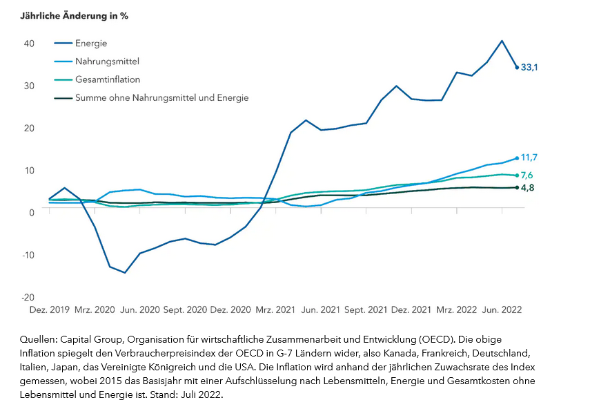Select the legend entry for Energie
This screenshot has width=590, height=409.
(91, 44)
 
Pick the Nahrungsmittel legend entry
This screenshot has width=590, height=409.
(107, 61)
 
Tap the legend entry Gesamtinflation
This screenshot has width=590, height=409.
(107, 79)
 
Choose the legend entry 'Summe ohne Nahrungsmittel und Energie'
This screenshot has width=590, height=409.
(161, 98)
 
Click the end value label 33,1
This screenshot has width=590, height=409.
(530, 68)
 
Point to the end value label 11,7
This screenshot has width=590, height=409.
(529, 158)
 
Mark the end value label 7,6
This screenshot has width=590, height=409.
(527, 175)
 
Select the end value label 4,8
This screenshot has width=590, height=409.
(527, 188)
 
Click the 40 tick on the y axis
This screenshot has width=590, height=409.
(29, 43)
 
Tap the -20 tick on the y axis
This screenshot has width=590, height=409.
(28, 297)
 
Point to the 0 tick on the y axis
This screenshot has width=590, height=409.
(31, 212)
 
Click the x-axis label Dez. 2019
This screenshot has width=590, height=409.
(50, 311)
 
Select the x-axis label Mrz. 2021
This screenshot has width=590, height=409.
(276, 311)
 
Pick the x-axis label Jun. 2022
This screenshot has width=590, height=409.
(501, 311)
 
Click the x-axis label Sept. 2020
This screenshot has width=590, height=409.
(185, 311)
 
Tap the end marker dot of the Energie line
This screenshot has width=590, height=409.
(517, 67)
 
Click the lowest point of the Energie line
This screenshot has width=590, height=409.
(125, 273)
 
